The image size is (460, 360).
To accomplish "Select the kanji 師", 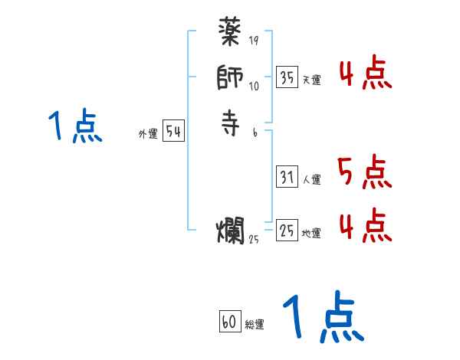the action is [x=230, y=80].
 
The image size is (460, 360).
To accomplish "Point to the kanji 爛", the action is [x=230, y=230].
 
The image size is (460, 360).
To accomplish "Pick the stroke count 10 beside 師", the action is [x=254, y=86].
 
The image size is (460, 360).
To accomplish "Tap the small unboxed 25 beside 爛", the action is [x=254, y=239].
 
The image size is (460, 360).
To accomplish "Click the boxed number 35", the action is [x=287, y=77].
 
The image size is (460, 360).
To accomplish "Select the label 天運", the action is [x=310, y=80].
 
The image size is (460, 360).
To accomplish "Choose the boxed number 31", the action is [x=287, y=177].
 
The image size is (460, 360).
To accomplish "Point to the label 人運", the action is [x=310, y=179].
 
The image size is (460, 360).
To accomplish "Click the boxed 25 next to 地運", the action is [x=287, y=229].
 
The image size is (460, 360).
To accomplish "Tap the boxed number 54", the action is [x=173, y=132].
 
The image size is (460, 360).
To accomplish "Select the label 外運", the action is [x=148, y=134].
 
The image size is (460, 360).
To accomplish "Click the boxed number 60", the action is [x=229, y=322].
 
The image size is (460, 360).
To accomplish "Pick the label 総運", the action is [x=254, y=324].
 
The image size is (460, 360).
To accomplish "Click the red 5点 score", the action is [x=364, y=173].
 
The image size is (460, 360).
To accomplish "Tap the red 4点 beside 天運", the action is [x=365, y=74].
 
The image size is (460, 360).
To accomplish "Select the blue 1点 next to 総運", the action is [x=322, y=319].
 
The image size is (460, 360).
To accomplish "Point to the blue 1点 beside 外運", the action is [x=74, y=126].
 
